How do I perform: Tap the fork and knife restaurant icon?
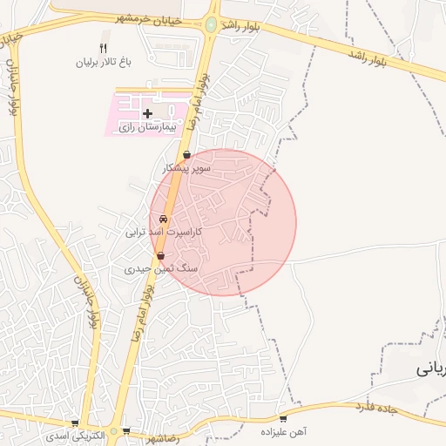104,49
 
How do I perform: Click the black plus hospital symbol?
147,113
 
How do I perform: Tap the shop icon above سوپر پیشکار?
186,154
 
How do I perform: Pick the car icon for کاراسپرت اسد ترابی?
163,220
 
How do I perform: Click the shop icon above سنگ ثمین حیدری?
161,256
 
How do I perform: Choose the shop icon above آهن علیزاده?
281,418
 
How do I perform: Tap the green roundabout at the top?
212,25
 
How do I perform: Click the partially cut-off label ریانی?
432,368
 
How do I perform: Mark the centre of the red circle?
223,223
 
